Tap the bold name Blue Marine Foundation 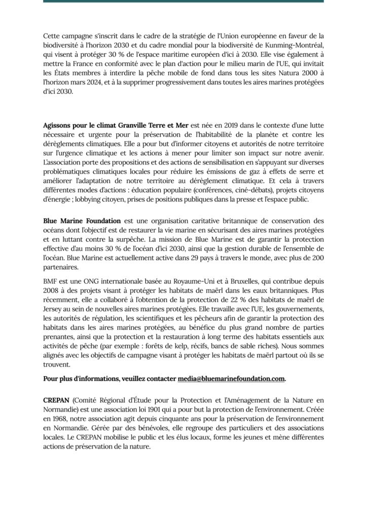(x=82, y=221)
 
